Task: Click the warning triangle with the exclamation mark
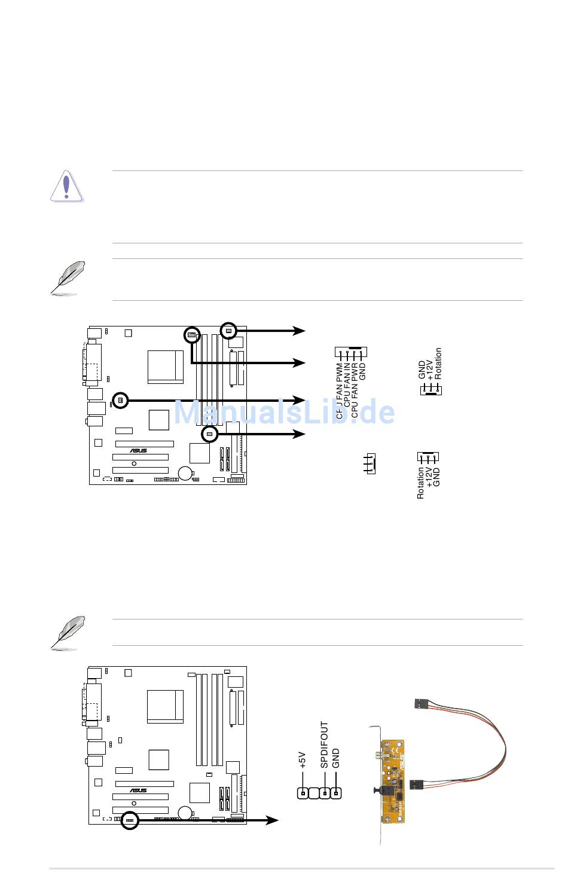(66, 186)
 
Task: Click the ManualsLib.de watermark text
(284, 411)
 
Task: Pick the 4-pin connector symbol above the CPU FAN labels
(351, 352)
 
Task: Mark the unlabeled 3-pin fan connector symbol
(371, 463)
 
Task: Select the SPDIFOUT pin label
(324, 744)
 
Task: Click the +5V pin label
(303, 760)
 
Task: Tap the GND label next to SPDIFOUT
(336, 758)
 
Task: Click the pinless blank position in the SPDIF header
(314, 794)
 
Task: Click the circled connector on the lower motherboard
(130, 820)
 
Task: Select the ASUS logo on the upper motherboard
(139, 451)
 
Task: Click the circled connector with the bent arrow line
(191, 335)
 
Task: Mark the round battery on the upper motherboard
(185, 472)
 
